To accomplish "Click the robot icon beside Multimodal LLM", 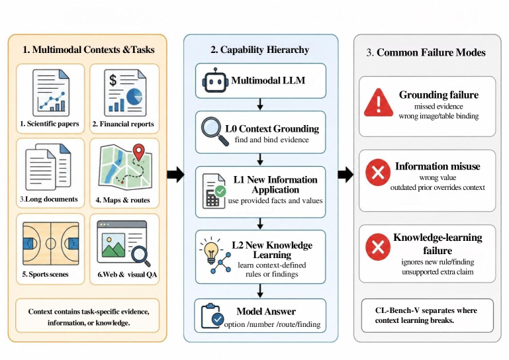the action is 215,81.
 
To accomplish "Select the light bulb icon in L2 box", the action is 211,251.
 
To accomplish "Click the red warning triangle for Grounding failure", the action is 379,103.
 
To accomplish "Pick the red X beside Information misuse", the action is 378,172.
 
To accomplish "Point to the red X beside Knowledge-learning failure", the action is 378,247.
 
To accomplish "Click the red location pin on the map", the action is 138,152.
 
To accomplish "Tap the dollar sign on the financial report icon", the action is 113,80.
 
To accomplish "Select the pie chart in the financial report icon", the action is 134,97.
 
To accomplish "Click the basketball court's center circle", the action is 51,243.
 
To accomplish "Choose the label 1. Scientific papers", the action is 50,124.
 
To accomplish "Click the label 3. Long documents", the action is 49,199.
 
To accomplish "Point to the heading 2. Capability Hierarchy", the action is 259,50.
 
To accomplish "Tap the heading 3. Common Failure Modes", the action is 426,52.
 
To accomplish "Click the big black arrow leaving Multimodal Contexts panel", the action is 175,175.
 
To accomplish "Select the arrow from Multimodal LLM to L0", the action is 260,104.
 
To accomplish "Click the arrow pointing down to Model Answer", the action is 260,291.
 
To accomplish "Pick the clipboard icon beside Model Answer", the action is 212,316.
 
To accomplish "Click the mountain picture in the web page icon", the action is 113,246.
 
